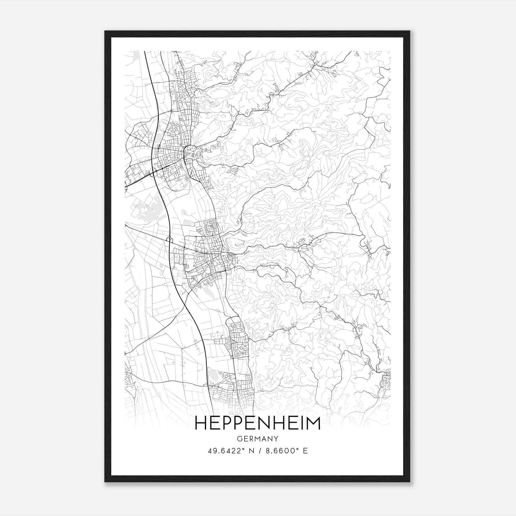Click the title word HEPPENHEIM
pos(258,423)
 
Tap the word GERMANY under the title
pos(258,439)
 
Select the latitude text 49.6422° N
pos(231,451)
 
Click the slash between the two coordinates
pos(260,451)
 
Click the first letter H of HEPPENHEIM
pos(201,423)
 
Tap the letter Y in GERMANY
pos(276,439)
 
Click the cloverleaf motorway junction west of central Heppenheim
pos(169,239)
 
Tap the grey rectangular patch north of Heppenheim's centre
pos(187,222)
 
